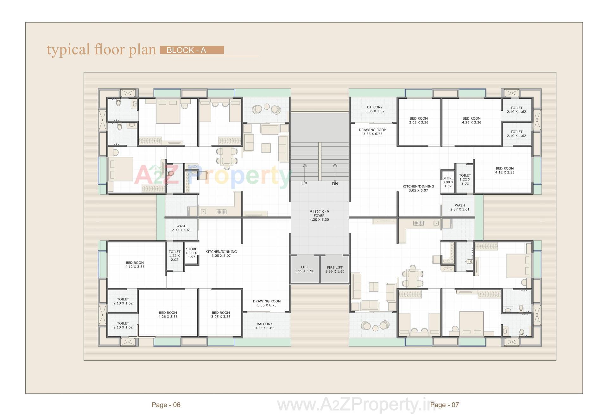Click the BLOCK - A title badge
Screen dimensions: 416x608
point(192,50)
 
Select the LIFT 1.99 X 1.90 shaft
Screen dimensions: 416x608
point(305,269)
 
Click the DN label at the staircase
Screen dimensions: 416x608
point(335,184)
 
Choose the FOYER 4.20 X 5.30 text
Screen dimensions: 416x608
point(319,217)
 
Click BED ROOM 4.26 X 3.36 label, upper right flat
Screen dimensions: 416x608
point(472,120)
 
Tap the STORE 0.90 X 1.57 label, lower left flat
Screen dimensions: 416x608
point(192,253)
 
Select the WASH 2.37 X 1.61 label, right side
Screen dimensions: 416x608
point(460,207)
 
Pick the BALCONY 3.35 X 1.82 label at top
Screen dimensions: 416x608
point(375,109)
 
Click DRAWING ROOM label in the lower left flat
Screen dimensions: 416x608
point(267,303)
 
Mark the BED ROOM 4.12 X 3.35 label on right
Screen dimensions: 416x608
point(505,170)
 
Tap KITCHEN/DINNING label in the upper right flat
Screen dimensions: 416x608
point(418,188)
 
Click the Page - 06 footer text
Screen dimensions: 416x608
point(166,405)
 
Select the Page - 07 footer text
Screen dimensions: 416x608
point(444,405)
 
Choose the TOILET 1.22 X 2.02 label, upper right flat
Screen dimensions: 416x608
point(465,179)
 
